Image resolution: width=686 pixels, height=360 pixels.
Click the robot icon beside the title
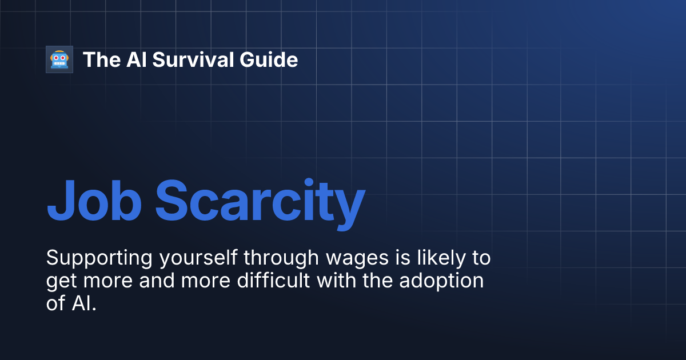pyautogui.click(x=59, y=59)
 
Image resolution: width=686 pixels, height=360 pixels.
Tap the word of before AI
pyautogui.click(x=55, y=303)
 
